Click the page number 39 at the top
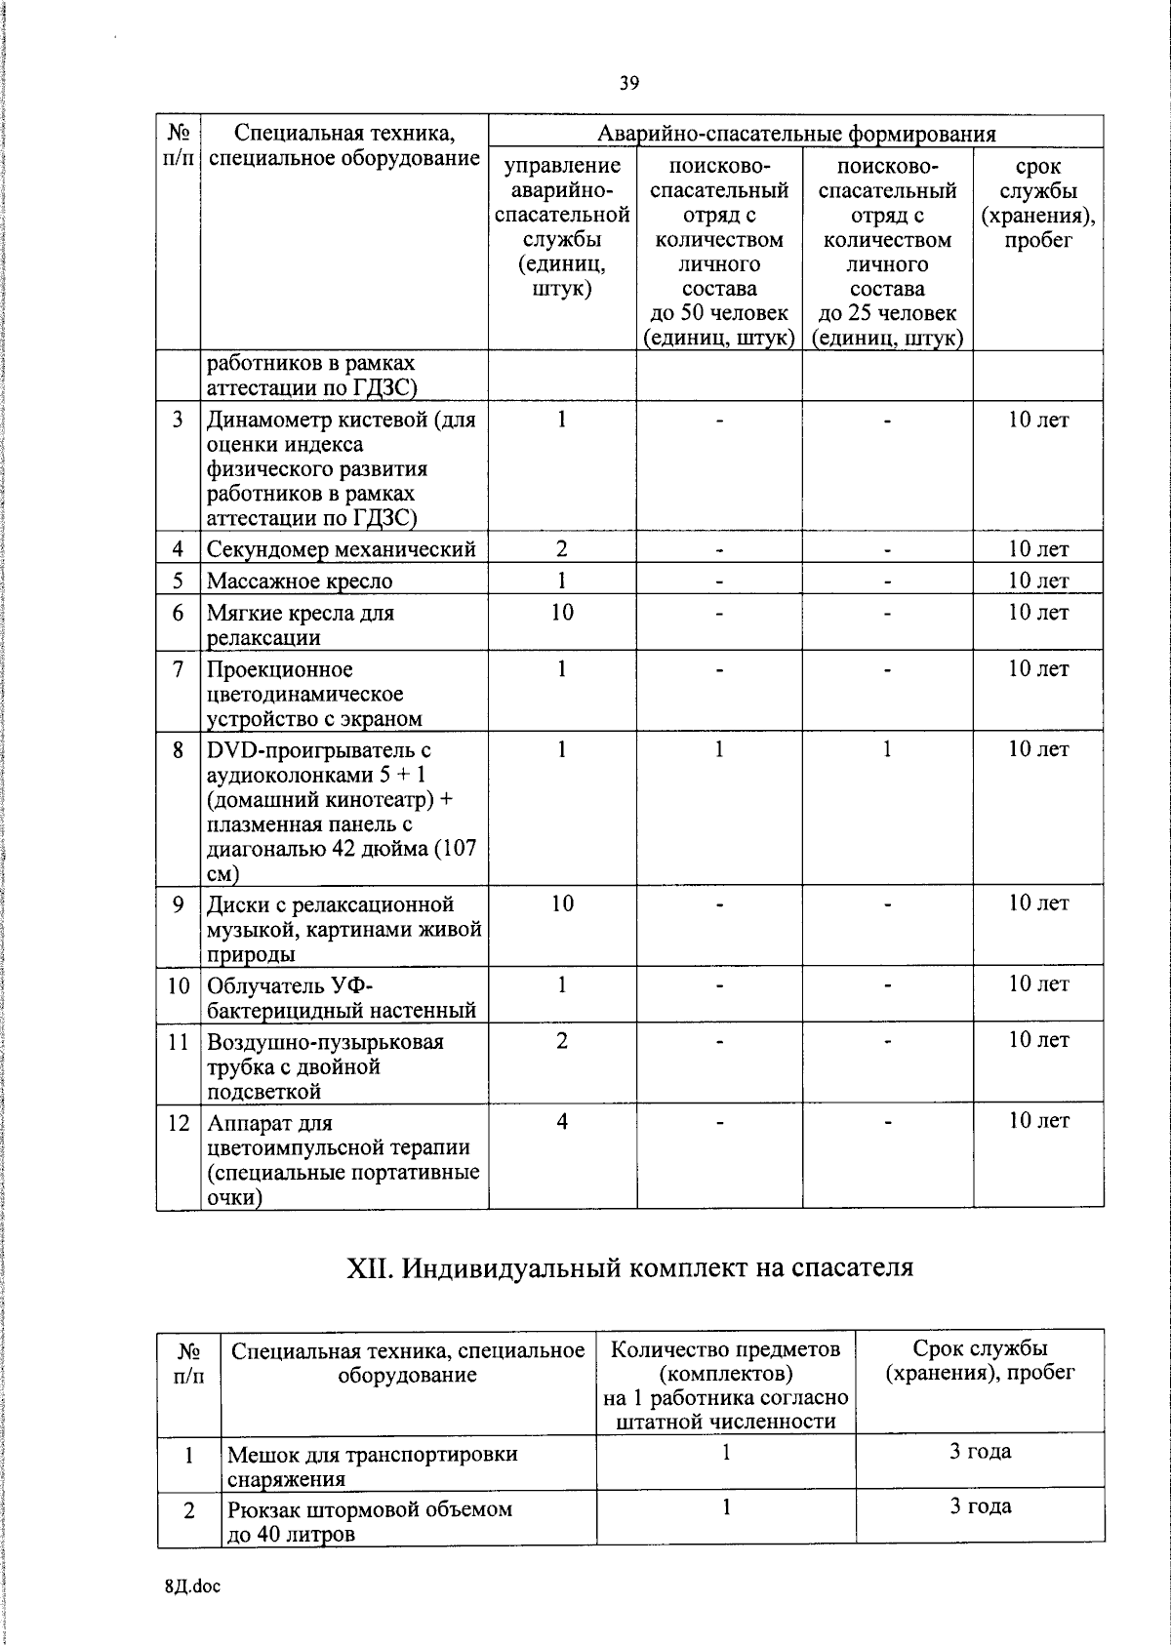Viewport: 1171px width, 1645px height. (x=628, y=84)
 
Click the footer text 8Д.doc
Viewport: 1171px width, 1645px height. (x=192, y=1586)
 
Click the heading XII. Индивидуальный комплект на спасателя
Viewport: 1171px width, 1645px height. (x=630, y=1267)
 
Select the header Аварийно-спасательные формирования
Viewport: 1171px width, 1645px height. (x=795, y=134)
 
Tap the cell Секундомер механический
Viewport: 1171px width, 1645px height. (x=342, y=549)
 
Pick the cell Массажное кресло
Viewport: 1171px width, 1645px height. (x=300, y=582)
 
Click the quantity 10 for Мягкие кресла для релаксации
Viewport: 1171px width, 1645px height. (x=562, y=613)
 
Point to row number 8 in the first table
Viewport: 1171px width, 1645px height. (x=178, y=750)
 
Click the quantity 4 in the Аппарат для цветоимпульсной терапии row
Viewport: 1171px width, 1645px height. (x=562, y=1122)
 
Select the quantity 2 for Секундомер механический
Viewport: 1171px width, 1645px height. (x=562, y=549)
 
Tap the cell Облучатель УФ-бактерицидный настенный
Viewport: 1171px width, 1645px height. (x=342, y=997)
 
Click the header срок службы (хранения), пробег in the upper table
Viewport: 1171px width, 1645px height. (x=1037, y=203)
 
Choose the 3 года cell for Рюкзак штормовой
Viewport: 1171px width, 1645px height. (x=980, y=1506)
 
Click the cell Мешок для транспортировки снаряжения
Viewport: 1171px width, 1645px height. (x=372, y=1466)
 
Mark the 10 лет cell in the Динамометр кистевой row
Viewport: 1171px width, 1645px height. (x=1037, y=421)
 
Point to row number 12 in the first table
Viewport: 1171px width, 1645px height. (x=178, y=1123)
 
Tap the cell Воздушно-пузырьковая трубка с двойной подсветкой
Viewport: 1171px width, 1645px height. (x=325, y=1066)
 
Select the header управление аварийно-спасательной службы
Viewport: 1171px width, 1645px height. (x=562, y=227)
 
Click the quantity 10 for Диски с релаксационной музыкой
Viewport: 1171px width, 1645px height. (x=562, y=904)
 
